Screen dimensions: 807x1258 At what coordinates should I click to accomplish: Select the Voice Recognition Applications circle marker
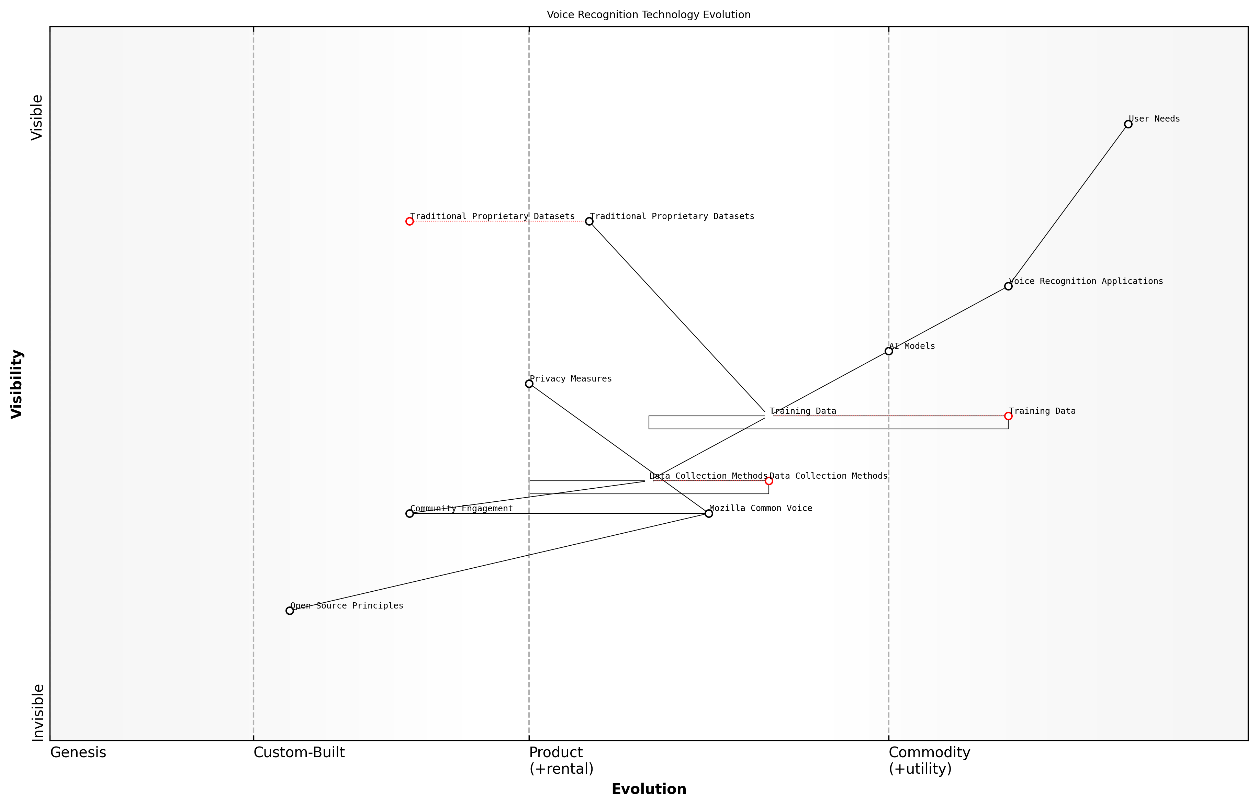click(1008, 286)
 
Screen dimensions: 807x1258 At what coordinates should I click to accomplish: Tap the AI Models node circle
click(888, 351)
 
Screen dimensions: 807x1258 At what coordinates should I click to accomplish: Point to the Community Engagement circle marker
click(409, 513)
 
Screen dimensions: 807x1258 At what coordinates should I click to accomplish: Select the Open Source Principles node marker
click(289, 611)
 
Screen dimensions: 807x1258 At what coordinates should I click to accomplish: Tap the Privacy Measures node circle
click(529, 384)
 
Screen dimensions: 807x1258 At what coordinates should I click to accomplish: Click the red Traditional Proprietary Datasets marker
click(409, 221)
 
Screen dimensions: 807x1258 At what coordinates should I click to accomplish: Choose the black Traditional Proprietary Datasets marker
click(589, 221)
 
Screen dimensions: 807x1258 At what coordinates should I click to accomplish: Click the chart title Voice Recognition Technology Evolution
click(648, 15)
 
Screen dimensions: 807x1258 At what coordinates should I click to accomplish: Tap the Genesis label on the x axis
click(78, 752)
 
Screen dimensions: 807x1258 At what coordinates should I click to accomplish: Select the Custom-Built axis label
click(299, 752)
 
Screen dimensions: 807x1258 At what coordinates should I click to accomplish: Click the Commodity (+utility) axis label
click(929, 760)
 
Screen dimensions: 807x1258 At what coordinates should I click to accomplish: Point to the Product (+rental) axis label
click(561, 760)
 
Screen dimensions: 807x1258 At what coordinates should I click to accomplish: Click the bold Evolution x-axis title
click(648, 789)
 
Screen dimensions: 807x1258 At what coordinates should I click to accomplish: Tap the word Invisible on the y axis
click(37, 712)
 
